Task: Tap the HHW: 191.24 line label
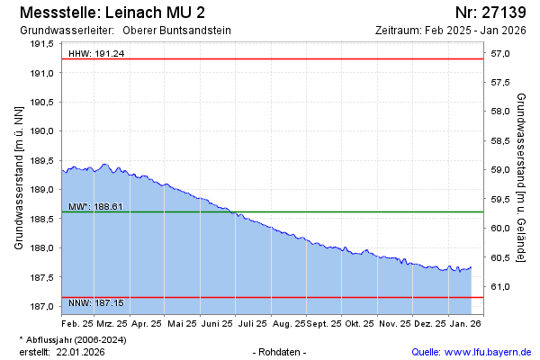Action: tap(96, 54)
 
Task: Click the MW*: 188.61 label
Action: tap(95, 207)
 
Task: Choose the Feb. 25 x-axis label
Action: tap(77, 322)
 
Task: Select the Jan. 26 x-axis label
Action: tap(465, 322)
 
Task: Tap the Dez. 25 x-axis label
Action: tap(430, 322)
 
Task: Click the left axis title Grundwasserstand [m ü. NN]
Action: tap(19, 176)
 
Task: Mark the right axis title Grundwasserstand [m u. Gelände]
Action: tap(522, 176)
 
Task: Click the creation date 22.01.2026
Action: tap(81, 351)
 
